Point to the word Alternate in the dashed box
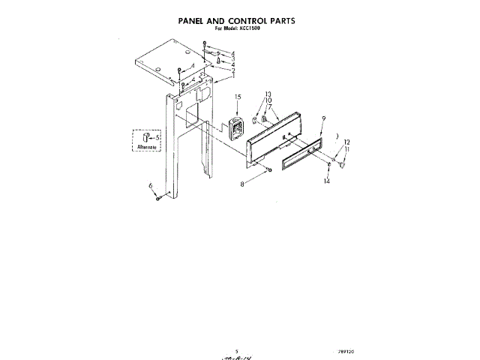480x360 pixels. tap(147, 148)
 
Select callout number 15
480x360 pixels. tap(237, 97)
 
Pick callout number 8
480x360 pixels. tap(241, 183)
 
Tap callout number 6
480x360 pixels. tap(151, 185)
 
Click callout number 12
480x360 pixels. tap(346, 142)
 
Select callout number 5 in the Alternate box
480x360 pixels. tap(157, 137)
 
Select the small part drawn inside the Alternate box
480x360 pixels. tap(147, 136)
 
